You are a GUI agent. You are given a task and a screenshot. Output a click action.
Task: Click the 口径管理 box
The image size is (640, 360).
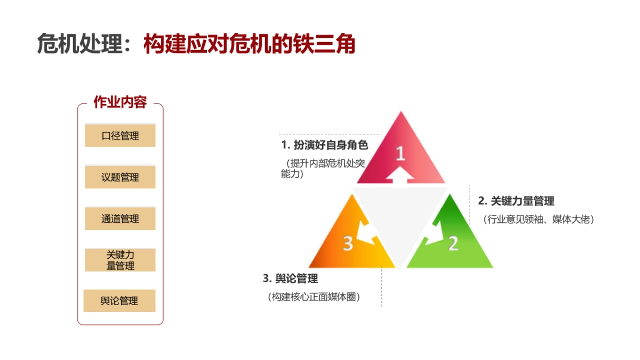(x=120, y=135)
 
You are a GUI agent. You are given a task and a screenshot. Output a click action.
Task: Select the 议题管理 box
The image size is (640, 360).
(x=120, y=177)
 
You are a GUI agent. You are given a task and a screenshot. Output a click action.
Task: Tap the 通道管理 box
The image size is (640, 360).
(x=120, y=219)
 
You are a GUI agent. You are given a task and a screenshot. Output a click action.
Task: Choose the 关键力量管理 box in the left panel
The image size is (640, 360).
(x=120, y=260)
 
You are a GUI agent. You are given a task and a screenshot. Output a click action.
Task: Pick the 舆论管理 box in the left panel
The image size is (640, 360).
(x=119, y=301)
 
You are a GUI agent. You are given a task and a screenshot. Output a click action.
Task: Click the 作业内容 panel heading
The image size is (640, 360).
(x=120, y=102)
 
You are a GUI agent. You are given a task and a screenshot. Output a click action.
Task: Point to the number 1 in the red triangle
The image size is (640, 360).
(x=400, y=154)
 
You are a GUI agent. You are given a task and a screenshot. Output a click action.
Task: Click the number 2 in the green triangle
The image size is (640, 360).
(x=453, y=243)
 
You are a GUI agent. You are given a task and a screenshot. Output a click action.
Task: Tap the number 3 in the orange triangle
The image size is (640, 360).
(x=348, y=243)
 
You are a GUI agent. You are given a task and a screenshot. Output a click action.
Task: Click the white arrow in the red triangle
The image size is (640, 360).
(x=400, y=174)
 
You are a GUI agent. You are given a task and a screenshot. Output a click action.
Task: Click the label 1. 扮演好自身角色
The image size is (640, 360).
(x=325, y=145)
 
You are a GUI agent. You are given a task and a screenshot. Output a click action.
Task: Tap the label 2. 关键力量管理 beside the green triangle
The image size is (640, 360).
(x=516, y=201)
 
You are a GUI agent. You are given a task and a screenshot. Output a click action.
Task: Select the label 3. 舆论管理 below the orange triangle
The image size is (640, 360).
(x=290, y=278)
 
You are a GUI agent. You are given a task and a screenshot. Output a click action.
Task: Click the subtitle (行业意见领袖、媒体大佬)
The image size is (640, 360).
(x=539, y=219)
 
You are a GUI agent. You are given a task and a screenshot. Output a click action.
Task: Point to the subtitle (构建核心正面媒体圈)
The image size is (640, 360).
(x=314, y=297)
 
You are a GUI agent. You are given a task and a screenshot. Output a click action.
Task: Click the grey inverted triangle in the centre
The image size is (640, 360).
(x=400, y=213)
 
